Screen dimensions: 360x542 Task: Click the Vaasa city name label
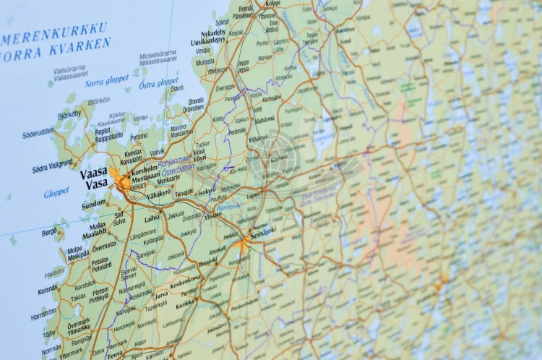point(93,173)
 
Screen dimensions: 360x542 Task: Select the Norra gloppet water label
point(106,80)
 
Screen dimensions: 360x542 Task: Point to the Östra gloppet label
point(159,82)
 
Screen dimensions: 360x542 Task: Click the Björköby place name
point(70,114)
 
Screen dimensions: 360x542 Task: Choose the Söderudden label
point(38,133)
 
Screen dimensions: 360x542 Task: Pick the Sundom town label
point(93,205)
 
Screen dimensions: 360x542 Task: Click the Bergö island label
point(49,232)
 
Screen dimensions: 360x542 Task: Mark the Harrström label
point(43,314)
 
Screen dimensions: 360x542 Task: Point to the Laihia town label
point(152,218)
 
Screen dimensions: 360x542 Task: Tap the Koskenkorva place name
point(186,280)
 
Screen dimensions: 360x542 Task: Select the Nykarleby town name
point(213,33)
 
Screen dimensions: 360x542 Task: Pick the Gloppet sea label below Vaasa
point(56,192)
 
